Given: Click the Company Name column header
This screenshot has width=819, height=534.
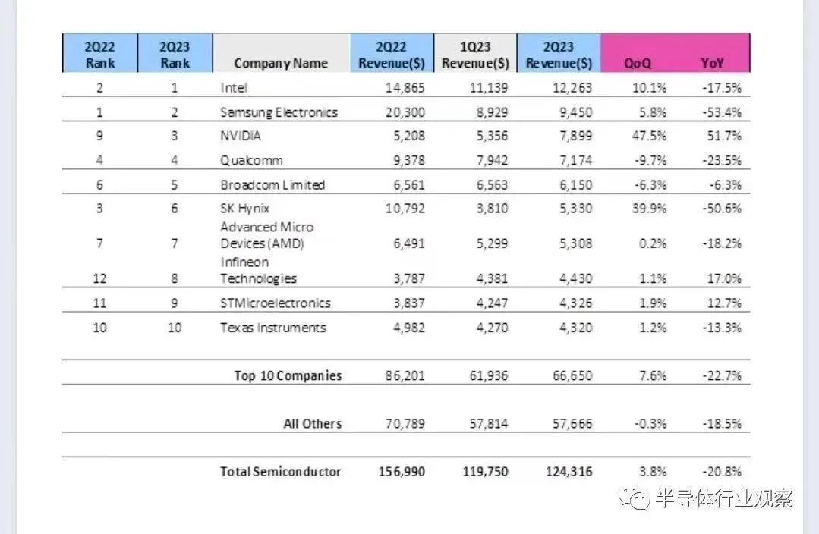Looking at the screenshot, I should [x=281, y=63].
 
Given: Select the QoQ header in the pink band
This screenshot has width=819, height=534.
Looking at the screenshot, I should [x=638, y=63].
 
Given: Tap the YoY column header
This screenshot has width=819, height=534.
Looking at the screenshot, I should [x=712, y=63].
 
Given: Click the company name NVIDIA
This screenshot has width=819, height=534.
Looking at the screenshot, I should [x=241, y=137].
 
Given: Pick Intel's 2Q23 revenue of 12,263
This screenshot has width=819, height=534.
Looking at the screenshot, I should [x=569, y=87].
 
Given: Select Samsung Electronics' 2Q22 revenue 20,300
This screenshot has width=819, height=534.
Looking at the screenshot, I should [x=401, y=112].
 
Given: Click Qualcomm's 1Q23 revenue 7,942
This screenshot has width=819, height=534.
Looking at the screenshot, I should [x=487, y=160].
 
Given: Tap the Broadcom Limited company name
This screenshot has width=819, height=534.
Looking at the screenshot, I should [x=272, y=185].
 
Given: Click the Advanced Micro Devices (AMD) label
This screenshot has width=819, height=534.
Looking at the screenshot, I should [x=266, y=235].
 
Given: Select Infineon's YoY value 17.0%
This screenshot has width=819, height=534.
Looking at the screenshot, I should [x=723, y=278].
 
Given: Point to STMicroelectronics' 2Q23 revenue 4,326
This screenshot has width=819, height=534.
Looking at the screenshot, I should [x=572, y=303].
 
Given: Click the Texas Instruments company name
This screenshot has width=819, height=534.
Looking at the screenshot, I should [x=273, y=328].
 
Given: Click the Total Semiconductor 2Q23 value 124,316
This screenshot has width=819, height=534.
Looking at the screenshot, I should [x=568, y=471].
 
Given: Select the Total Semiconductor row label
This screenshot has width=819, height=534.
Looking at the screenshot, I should [x=280, y=471].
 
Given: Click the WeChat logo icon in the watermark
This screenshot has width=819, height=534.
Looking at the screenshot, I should [x=633, y=499].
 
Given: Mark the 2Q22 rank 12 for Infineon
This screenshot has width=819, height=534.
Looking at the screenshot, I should [x=99, y=278].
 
